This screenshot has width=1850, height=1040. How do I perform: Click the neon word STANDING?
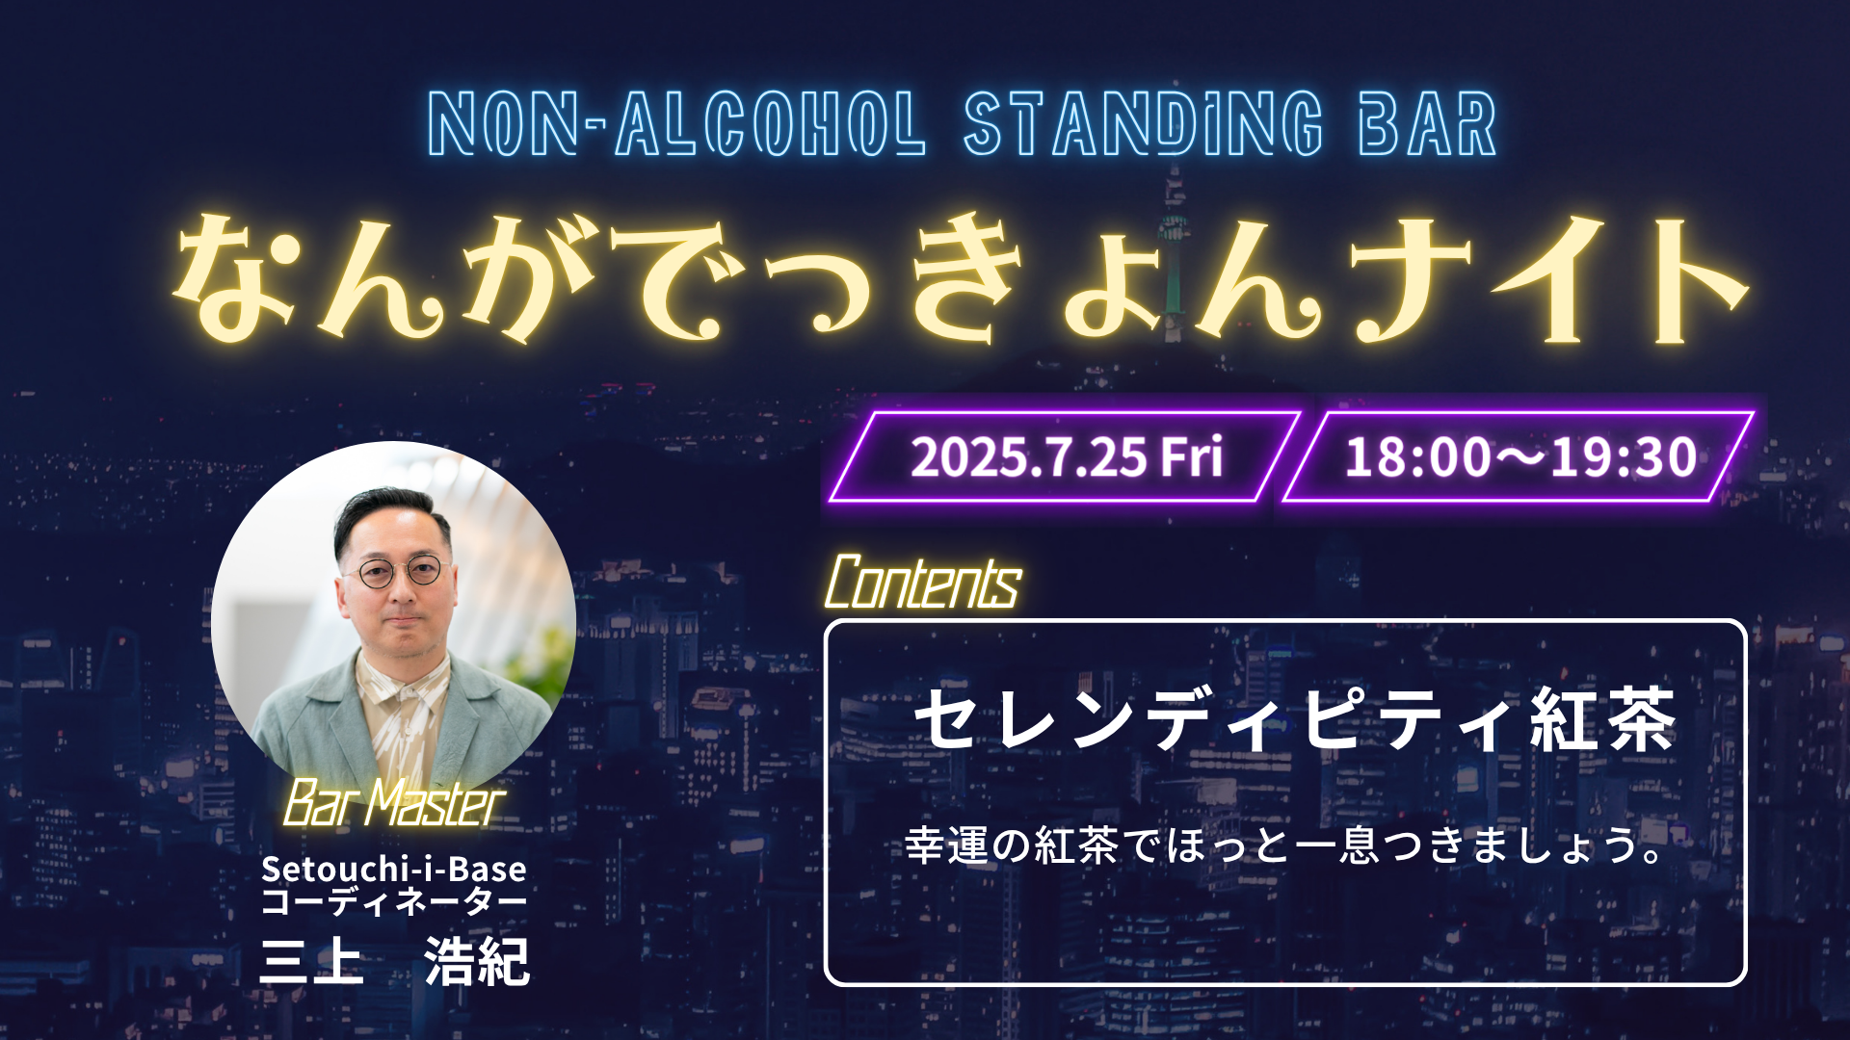pos(1144,123)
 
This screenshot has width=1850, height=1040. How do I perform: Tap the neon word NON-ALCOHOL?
pos(676,123)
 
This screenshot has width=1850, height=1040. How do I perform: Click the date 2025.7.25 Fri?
pos(1067,456)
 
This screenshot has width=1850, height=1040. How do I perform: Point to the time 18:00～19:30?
pos(1520,456)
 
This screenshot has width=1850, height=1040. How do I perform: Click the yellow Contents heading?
pos(923,583)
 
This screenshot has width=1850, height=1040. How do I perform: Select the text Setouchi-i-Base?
pos(394,869)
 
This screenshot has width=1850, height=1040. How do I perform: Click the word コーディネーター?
pos(394,902)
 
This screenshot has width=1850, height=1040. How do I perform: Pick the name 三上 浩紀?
pos(395,961)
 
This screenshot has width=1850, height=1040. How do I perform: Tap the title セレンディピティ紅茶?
pos(1294,719)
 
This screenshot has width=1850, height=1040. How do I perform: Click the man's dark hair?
pos(390,515)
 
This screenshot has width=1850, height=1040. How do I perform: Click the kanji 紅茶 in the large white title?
pos(1603,719)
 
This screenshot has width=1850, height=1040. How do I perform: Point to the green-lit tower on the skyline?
pos(1174,250)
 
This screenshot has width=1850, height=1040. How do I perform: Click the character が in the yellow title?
pos(526,279)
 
